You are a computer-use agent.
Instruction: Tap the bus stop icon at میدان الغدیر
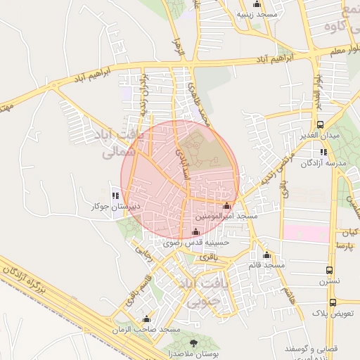pyautogui.click(x=320, y=124)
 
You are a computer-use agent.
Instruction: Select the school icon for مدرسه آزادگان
pyautogui.click(x=322, y=152)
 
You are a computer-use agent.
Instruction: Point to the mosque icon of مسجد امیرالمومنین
pyautogui.click(x=226, y=207)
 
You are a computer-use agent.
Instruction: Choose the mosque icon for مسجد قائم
pyautogui.click(x=266, y=255)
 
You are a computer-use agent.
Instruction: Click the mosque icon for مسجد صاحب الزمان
pyautogui.click(x=146, y=318)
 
